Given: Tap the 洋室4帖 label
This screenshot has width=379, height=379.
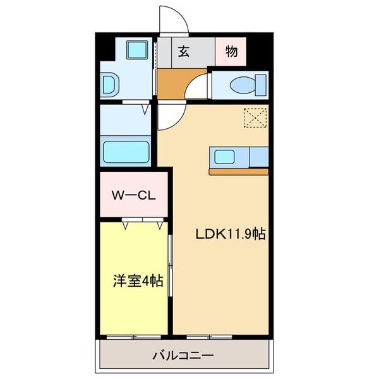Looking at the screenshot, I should pos(138,280).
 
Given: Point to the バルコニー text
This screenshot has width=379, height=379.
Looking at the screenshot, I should pos(183,356).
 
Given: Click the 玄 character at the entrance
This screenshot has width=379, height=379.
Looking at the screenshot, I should pos(184,52).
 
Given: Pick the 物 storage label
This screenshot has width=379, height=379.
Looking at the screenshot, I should pos(231,52).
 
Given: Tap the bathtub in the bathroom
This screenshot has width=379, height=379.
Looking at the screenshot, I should pos(126,152).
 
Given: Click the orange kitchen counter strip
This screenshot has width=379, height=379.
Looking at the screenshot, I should pos(238,171).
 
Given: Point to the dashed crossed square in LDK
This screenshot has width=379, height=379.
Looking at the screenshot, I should pos(255,118).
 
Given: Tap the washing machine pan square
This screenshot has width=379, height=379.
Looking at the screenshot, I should pos(136,51).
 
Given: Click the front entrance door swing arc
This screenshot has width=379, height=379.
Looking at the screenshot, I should pos(172,19).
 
